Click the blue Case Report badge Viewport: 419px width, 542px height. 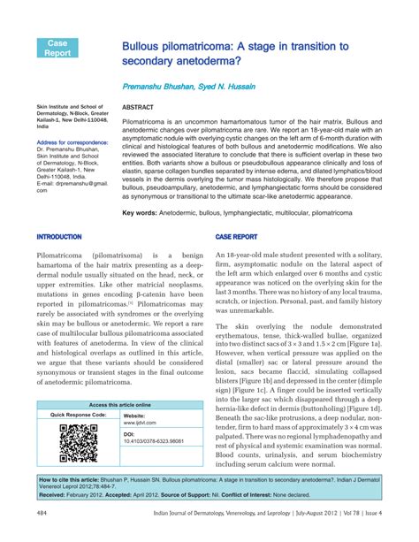click(x=57, y=48)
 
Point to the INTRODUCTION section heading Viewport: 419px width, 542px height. click(x=59, y=237)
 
